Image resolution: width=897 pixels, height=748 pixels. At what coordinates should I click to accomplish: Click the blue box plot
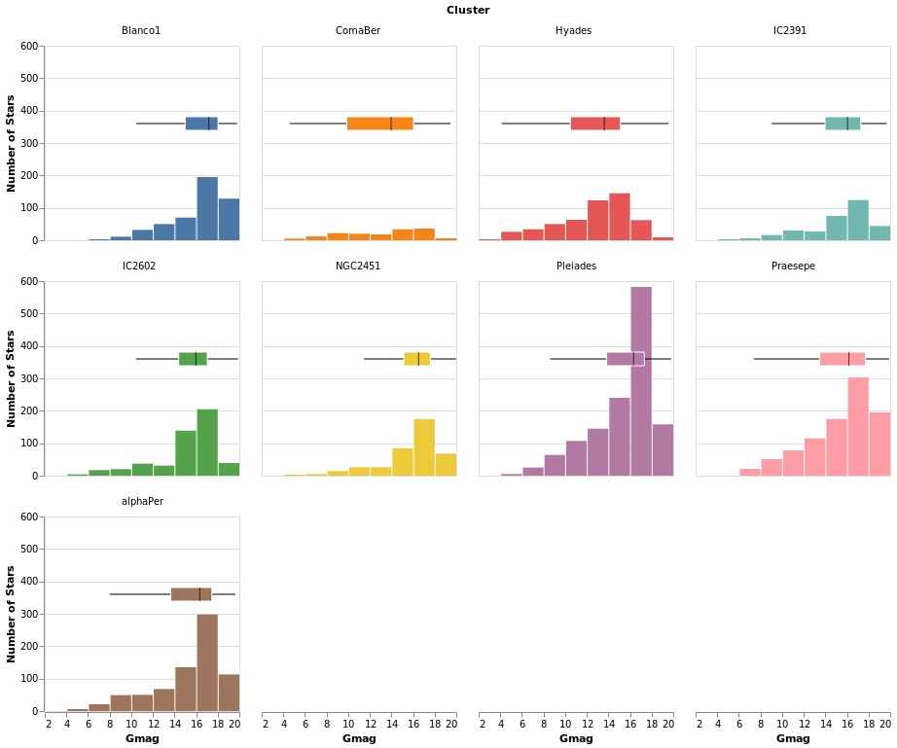coord(201,124)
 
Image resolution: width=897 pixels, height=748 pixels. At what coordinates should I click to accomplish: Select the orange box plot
coord(379,124)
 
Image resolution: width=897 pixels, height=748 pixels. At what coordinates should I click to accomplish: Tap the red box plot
coord(594,124)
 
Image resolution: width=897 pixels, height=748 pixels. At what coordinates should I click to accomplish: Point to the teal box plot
coord(843,124)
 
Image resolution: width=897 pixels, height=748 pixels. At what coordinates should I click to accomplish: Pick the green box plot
coord(193,359)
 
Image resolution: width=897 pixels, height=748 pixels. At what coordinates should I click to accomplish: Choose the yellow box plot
coord(416,359)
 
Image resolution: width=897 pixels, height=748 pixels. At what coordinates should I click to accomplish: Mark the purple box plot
coord(625,359)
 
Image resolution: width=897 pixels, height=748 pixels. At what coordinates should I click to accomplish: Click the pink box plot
coord(843,359)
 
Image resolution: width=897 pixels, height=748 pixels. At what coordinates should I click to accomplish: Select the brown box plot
coord(191,594)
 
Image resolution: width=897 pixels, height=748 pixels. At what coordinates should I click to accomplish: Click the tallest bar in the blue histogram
coord(207,209)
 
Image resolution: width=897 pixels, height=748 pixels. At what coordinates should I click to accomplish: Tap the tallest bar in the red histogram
coord(620,217)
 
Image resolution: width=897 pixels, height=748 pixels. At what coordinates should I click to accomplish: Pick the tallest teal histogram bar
coord(858,221)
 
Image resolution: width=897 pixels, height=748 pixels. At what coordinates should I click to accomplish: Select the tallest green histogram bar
coord(207,443)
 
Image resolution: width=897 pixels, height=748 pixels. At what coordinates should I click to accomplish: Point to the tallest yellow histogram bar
coord(424,447)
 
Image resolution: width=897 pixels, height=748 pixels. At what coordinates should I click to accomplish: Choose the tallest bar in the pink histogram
coord(858,427)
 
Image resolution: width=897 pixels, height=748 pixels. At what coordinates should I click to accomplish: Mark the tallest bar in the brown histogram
coord(207,662)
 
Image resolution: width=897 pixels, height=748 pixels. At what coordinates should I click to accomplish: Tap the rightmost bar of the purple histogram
coord(663,450)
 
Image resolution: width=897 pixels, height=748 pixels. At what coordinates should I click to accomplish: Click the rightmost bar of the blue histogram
coord(229,220)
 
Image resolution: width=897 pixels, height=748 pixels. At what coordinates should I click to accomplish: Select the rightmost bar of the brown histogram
coord(229,693)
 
